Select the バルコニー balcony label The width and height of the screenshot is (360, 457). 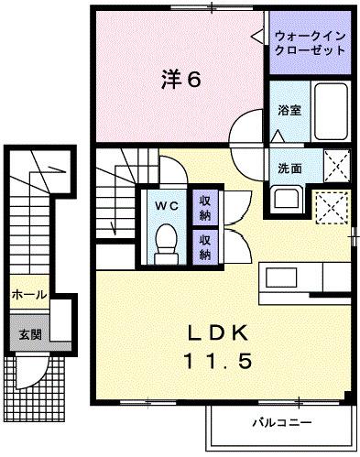coord(281,424)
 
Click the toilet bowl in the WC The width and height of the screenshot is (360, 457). coord(165,244)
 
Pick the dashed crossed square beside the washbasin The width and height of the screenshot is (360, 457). coord(332,206)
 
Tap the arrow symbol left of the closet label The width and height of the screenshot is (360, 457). coord(256,37)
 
